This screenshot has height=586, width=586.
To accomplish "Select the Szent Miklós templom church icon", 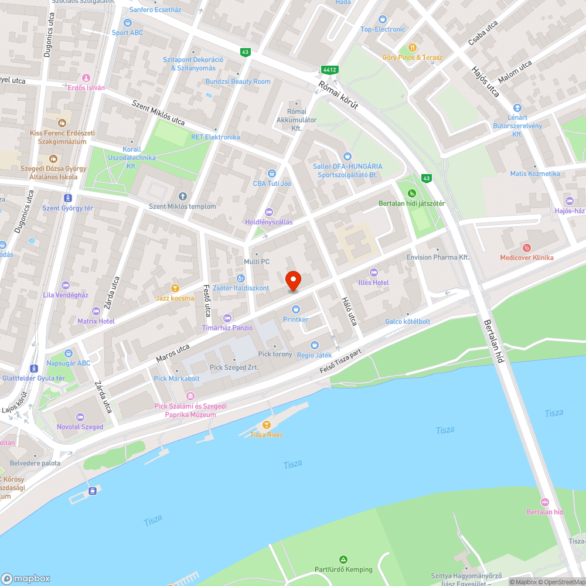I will click(182, 196).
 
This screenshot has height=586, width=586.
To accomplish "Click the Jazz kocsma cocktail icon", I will click(175, 288).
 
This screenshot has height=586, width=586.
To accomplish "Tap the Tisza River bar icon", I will click(267, 424).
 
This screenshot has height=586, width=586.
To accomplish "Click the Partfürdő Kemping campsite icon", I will click(343, 560).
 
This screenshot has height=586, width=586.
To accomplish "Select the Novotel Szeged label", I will click(80, 427).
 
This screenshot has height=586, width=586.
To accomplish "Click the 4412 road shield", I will click(329, 70).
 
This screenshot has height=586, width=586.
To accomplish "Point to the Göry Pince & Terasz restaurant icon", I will click(413, 47).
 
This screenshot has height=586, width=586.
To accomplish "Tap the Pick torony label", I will click(275, 354).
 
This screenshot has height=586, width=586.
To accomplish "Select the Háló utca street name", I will click(349, 309).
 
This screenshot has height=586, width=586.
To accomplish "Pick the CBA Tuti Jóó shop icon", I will click(271, 173).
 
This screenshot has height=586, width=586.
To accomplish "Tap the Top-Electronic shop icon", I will click(383, 19).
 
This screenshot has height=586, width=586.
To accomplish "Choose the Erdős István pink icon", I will click(86, 77).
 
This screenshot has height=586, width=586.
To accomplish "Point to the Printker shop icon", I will click(296, 309).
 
